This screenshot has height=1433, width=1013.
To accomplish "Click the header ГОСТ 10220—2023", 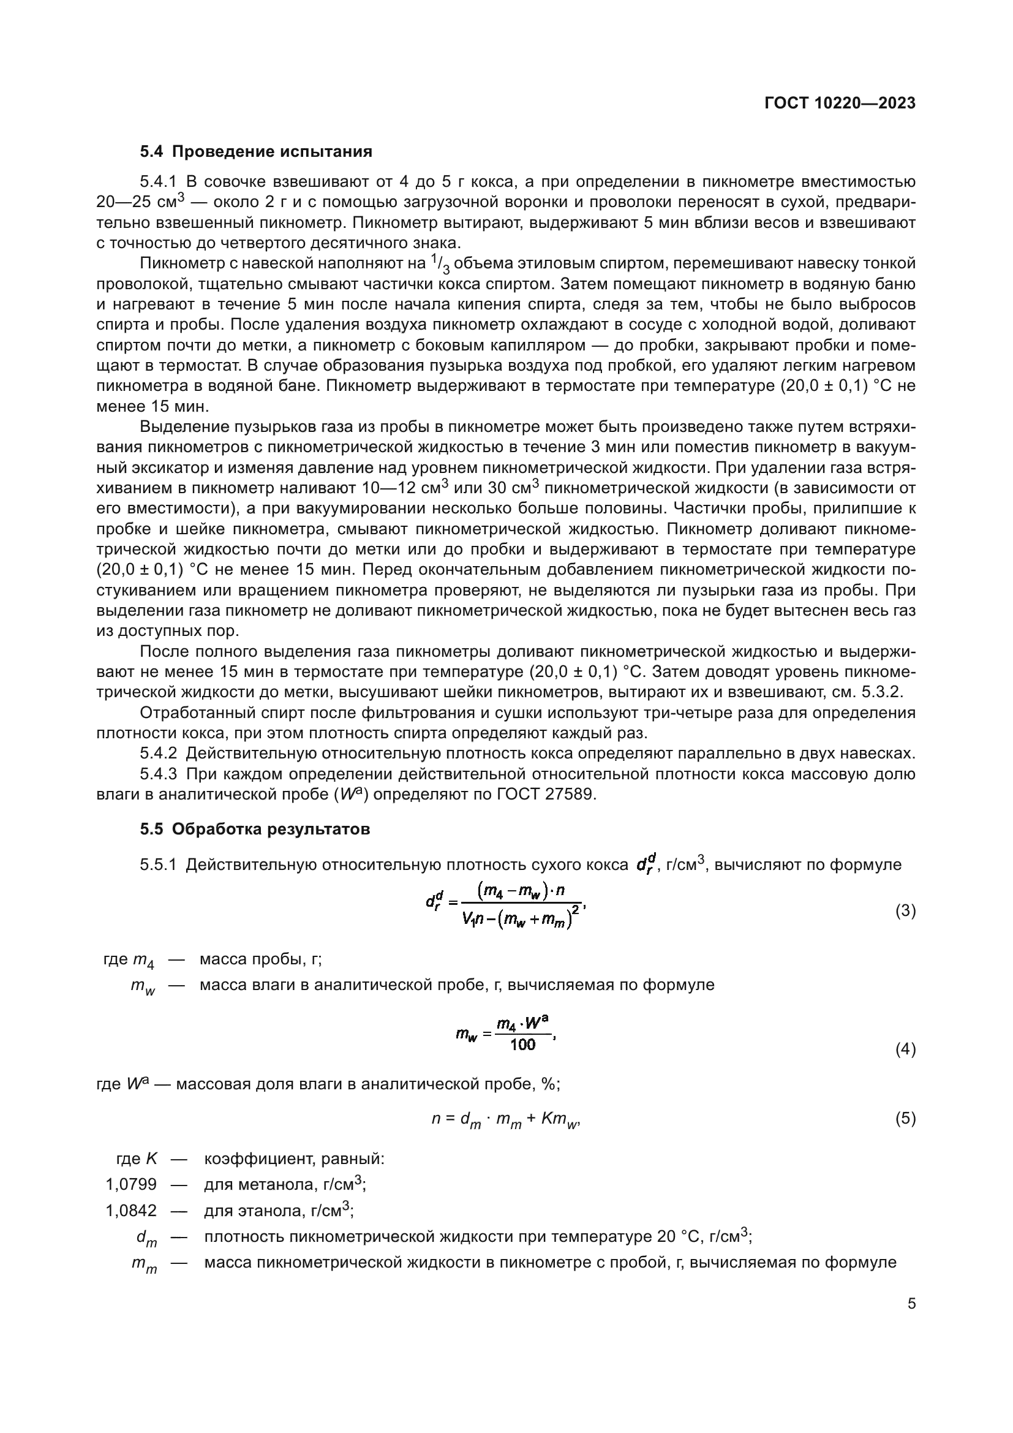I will pos(840,104).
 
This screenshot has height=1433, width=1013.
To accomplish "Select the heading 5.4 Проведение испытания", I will pos(256,152).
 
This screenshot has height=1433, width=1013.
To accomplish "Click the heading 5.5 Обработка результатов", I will pos(255,830).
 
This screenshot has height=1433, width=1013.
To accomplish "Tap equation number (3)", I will pos(905,910).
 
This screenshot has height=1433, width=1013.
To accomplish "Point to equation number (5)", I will pos(905,1119).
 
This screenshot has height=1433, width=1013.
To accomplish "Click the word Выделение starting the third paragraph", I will pos(181,428).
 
